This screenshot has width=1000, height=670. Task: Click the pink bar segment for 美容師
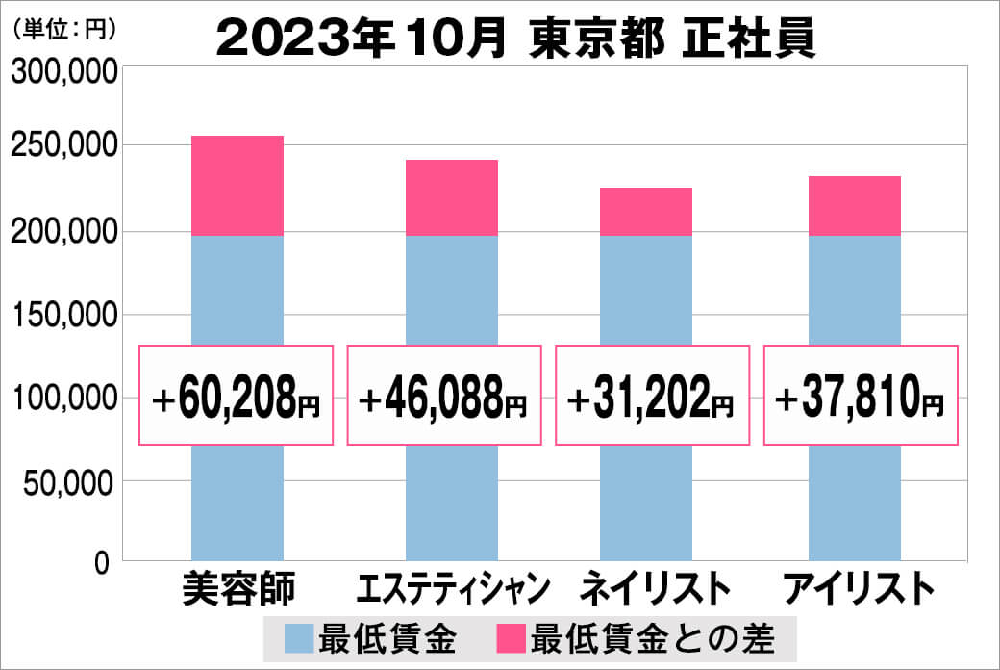(237, 186)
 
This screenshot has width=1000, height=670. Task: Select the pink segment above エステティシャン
(451, 197)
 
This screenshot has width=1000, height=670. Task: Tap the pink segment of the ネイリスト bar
(645, 212)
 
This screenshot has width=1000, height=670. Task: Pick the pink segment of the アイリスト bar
(854, 206)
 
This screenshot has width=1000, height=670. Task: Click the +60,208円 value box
(237, 395)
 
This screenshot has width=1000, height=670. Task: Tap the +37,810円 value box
(862, 395)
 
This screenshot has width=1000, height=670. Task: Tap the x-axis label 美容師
(237, 588)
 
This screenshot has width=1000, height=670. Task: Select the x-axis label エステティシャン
(452, 588)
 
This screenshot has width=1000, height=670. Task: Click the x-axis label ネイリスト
(649, 588)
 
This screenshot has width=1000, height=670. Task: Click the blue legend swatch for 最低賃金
(299, 638)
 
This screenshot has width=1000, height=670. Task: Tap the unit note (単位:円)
(63, 30)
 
